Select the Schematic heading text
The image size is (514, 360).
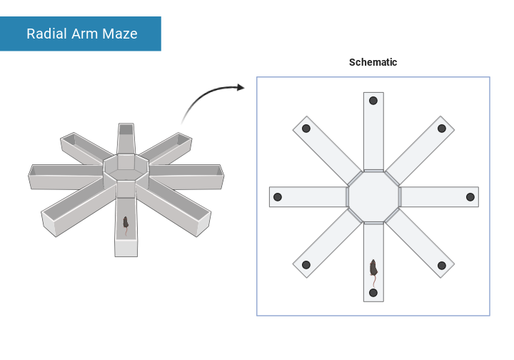(373, 62)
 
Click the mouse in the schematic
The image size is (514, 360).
(373, 269)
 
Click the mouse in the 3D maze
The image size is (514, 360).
(126, 223)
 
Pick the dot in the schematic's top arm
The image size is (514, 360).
(373, 101)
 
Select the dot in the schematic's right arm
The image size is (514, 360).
(470, 197)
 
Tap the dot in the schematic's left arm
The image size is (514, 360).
(278, 197)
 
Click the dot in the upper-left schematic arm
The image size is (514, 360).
(306, 129)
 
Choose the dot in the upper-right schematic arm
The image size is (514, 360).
(441, 129)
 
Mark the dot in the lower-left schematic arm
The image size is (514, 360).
(306, 265)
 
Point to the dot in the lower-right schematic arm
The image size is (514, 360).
(441, 265)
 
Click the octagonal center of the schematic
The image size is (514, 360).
(373, 196)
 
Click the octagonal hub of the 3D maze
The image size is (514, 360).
(126, 168)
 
